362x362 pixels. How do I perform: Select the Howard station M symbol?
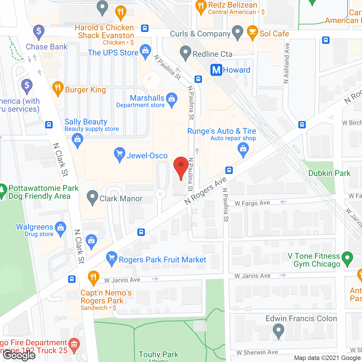coord(216,70)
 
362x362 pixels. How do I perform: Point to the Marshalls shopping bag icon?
coord(172,99)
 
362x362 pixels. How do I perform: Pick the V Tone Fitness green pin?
coord(347,258)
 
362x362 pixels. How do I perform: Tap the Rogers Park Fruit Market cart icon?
coord(112,258)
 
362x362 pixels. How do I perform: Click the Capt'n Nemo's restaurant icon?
coord(93,277)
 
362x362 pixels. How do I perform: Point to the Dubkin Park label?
coord(329,173)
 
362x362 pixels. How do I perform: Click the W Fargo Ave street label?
coord(252,203)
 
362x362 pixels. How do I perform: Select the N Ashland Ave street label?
coord(286,63)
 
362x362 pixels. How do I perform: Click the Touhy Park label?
coord(158,354)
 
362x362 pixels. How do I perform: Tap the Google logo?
coord(19,355)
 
